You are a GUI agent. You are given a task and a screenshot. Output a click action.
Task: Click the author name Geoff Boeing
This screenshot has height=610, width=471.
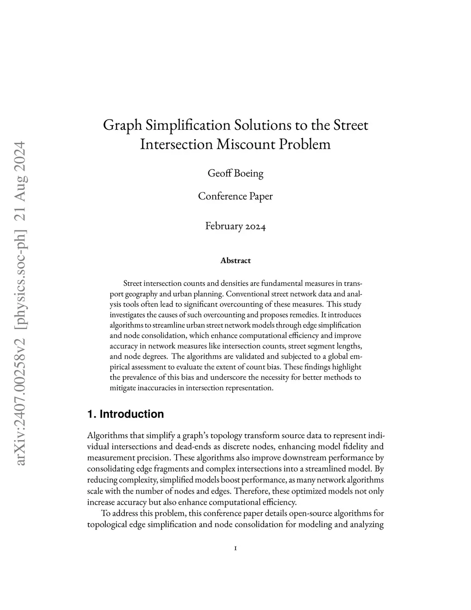coord(235,174)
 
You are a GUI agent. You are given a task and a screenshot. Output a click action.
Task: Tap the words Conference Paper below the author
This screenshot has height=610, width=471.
coord(235,197)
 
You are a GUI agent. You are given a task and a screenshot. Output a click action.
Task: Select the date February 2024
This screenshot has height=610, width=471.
coord(235,226)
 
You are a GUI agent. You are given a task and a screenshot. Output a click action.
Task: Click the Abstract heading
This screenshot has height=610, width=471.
coord(235,261)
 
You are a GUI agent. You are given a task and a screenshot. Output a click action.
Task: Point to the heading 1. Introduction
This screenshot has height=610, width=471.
coord(126,414)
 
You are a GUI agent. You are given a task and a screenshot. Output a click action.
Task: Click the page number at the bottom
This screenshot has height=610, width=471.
coord(235,548)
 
